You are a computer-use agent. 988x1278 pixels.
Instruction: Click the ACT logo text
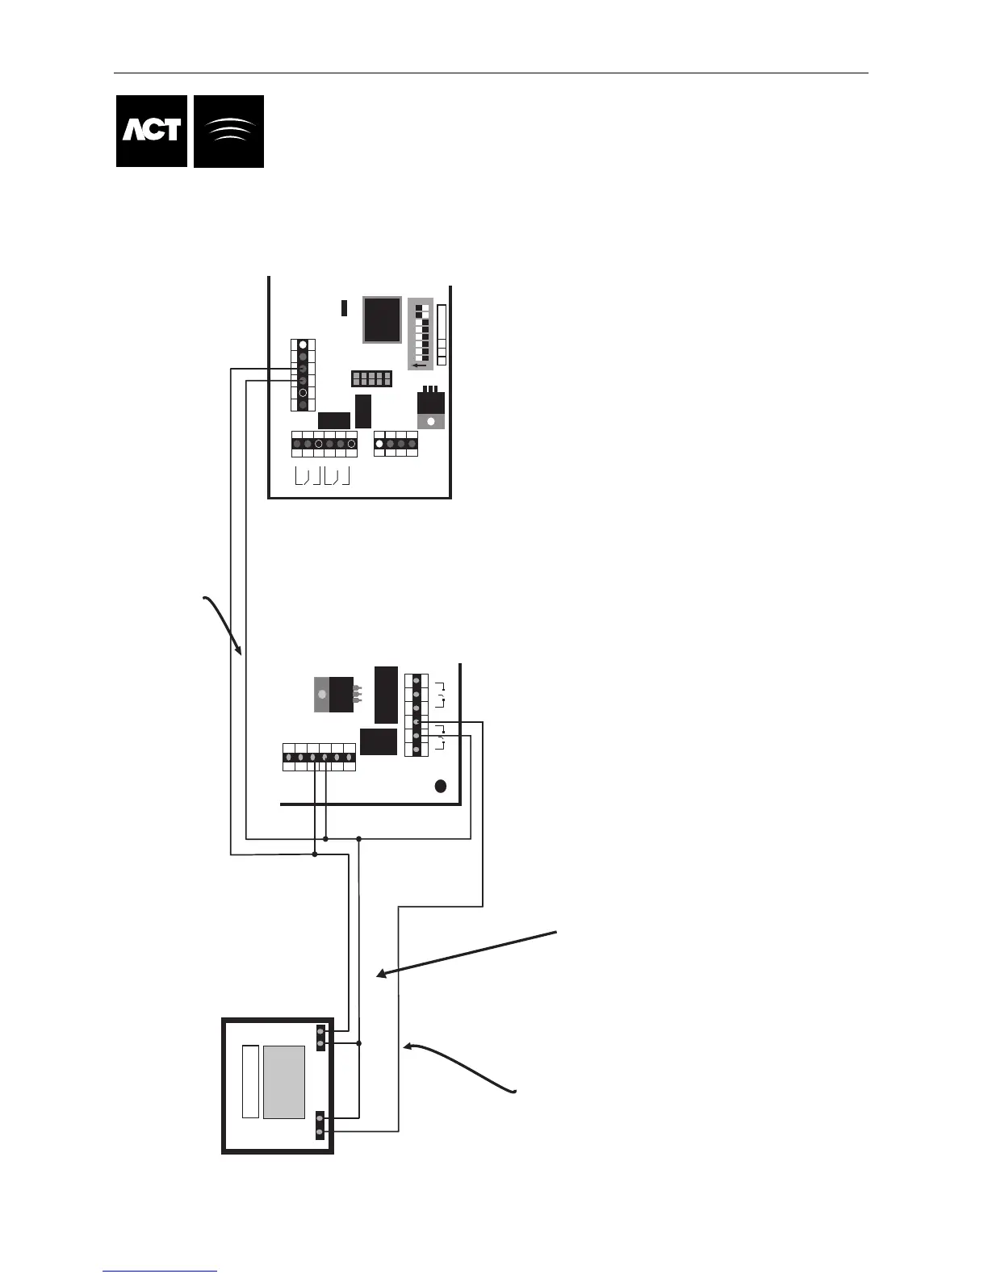[x=152, y=131]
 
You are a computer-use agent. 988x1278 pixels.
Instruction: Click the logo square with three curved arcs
[x=229, y=131]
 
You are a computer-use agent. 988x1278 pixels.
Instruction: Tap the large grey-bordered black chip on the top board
[x=382, y=319]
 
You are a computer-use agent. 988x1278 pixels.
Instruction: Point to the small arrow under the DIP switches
[x=418, y=365]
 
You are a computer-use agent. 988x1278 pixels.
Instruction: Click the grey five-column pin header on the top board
[x=371, y=378]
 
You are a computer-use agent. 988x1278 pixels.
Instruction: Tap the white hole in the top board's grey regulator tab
[x=430, y=420]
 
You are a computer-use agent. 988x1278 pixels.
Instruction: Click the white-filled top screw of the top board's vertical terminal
[x=303, y=345]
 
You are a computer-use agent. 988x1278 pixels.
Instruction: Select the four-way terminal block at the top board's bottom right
[x=396, y=443]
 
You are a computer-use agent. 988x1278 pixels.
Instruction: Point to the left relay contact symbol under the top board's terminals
[x=304, y=477]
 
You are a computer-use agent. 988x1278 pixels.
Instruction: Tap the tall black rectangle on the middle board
[x=387, y=694]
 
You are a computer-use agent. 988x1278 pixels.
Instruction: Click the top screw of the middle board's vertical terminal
[x=417, y=681]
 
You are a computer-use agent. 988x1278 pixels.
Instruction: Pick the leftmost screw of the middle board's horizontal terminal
[x=289, y=758]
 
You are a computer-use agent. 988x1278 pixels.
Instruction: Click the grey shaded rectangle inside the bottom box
[x=284, y=1082]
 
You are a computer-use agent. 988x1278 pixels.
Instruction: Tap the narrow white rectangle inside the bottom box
[x=250, y=1082]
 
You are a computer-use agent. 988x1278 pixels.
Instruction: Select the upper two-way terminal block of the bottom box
[x=320, y=1038]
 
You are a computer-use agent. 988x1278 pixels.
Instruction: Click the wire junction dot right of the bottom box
[x=359, y=1043]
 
